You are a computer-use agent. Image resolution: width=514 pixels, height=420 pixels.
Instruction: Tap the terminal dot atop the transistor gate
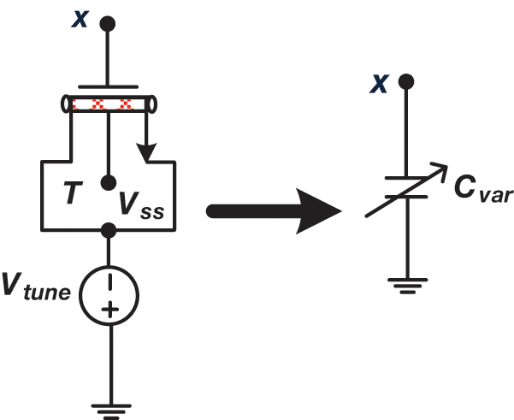tap(109, 23)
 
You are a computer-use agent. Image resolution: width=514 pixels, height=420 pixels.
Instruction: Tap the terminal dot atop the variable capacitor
tap(407, 82)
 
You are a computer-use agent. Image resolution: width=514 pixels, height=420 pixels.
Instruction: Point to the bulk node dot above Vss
tap(109, 183)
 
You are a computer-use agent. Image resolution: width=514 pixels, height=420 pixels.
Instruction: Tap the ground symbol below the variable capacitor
tap(406, 283)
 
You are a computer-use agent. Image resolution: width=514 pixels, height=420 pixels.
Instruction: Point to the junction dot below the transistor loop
tap(109, 230)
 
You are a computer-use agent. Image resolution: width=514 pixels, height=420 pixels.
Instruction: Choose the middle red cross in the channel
tap(109, 105)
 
